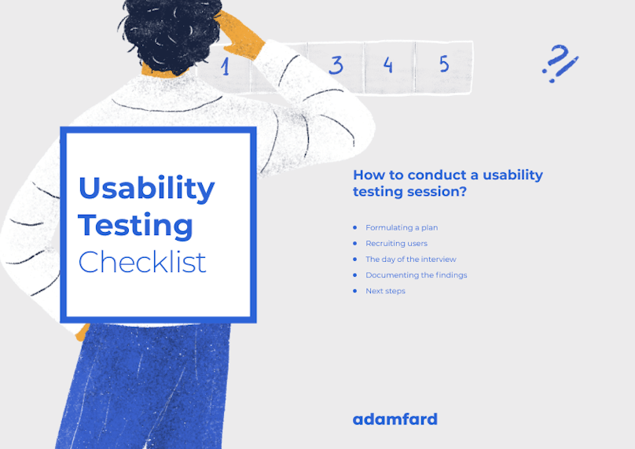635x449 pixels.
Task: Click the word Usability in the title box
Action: (x=147, y=190)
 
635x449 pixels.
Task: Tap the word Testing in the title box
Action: (x=135, y=226)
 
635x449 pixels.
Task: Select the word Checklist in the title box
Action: (x=142, y=262)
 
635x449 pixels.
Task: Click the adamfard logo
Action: (x=395, y=419)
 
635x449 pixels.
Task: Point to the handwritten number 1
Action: (x=226, y=66)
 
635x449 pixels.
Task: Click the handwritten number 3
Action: (x=336, y=64)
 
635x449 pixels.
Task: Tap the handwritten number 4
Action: (x=388, y=64)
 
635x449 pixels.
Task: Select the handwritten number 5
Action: (x=444, y=64)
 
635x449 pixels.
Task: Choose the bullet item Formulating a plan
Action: (x=402, y=228)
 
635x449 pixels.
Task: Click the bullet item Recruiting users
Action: (x=396, y=244)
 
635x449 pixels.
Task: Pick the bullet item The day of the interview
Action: (x=411, y=259)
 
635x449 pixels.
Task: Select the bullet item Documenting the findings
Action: (x=417, y=275)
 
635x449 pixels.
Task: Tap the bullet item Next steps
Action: (x=385, y=291)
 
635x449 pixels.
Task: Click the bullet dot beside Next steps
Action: (x=355, y=291)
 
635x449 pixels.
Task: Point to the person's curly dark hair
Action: (x=171, y=33)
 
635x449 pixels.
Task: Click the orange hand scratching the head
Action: (x=240, y=35)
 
